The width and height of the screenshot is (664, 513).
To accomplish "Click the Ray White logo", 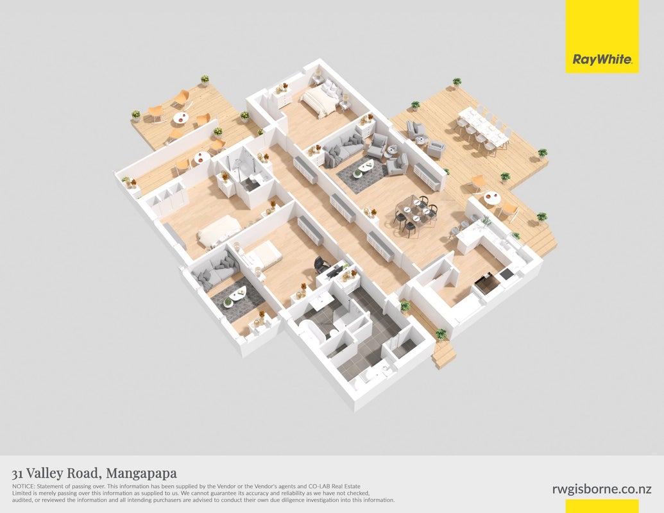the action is coord(602,59).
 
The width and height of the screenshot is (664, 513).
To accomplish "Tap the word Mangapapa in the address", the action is coord(141,473).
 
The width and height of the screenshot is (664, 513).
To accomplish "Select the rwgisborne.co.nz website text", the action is coord(602,489).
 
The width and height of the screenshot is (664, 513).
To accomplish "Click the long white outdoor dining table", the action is coord(483,126).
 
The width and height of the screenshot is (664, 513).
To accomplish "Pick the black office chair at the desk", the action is coord(322,265).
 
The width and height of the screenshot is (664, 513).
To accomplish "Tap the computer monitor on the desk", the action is coord(333,271).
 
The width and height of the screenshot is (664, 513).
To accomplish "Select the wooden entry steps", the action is coord(443,355).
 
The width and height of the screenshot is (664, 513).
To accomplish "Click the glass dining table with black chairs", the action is coord(414,210).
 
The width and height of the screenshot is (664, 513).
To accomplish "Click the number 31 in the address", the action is coord(17,473).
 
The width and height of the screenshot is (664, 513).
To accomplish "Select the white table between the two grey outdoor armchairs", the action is coord(420,140).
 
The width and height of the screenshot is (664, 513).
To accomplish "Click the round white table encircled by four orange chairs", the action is coord(182,118).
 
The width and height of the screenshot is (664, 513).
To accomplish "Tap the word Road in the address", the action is coord(84,473).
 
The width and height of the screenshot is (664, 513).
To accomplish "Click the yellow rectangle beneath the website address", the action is coord(602,506).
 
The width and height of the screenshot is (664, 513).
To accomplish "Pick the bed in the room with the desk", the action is coord(264,255).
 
